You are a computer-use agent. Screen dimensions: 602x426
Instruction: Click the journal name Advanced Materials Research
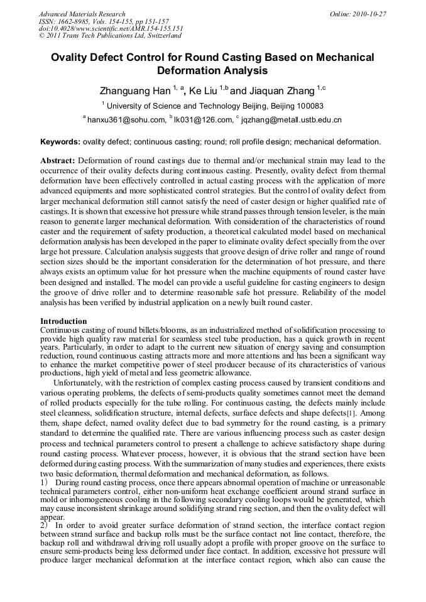[x=82, y=14]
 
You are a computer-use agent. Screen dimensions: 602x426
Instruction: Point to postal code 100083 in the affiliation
[x=308, y=106]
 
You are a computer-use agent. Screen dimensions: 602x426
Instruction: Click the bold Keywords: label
[x=60, y=142]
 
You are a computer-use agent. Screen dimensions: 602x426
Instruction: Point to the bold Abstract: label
[x=58, y=161]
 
